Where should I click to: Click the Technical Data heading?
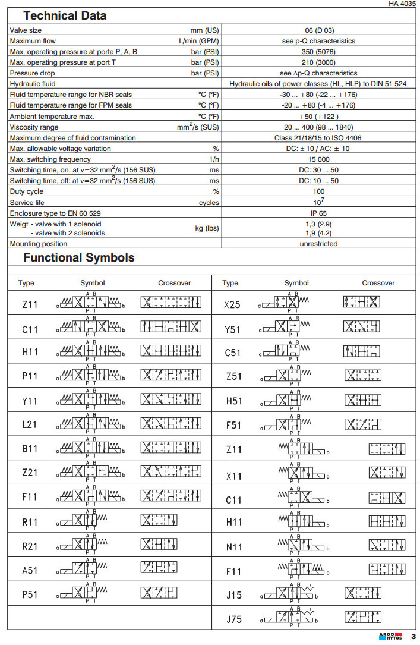[x=65, y=16]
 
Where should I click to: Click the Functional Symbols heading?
[x=79, y=258]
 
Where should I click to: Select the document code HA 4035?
[x=402, y=4]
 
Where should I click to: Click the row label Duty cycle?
[x=25, y=191]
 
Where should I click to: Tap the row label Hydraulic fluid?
[x=33, y=84]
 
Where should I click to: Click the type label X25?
[x=232, y=304]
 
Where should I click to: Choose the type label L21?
[x=30, y=424]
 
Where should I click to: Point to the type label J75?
[x=234, y=619]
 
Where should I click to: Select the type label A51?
[x=30, y=571]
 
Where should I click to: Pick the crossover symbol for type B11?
[x=175, y=449]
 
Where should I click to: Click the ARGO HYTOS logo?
[x=390, y=636]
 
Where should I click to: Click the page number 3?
[x=413, y=637]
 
